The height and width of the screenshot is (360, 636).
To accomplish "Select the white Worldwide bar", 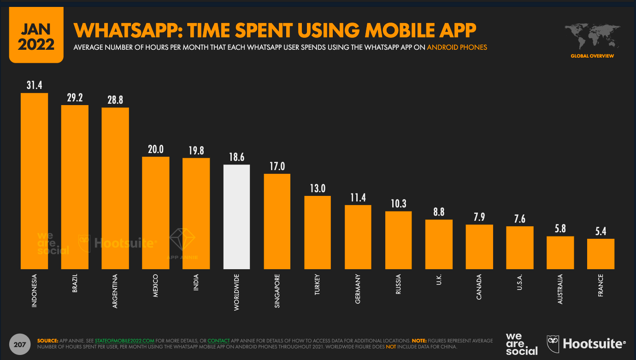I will pos(236,217).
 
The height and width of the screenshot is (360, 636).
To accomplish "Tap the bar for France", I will pos(601,254).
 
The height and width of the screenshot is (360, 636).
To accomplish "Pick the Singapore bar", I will pos(277,221).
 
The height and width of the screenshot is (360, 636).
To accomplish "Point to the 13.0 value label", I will pos(318,188).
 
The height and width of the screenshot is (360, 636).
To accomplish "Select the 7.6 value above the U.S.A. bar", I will pos(520,218).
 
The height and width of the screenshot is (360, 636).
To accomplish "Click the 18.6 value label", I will pos(236,157).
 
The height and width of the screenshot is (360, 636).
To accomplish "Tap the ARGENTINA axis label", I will pos(115,292).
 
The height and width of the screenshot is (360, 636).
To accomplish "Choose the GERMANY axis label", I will pos(358,289).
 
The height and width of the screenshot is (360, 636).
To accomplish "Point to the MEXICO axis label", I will pos(155,287).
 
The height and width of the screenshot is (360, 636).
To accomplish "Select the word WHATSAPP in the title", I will pos(124,30).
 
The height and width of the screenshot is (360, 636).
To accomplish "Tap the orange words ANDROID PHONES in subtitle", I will pos(457,47).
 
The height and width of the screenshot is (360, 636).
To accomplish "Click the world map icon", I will pos(592,36).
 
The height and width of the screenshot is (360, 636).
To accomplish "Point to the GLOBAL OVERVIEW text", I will pos(592,56).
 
